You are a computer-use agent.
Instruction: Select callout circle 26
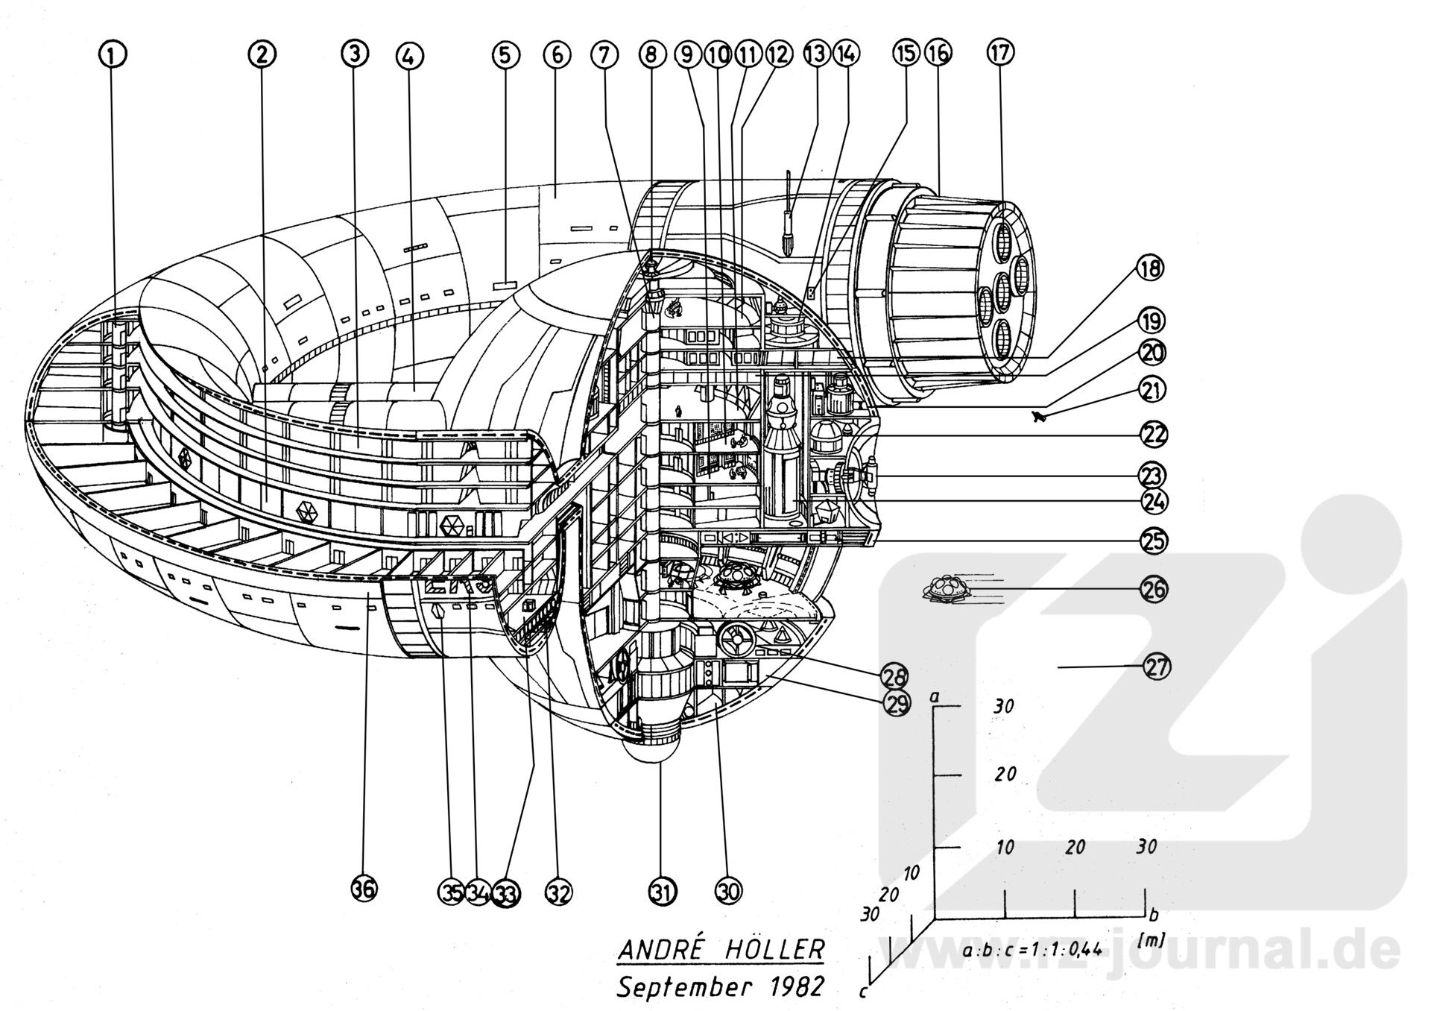coord(1154,590)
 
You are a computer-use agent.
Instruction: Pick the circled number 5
coord(505,54)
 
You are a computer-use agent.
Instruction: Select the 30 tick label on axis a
coord(1004,705)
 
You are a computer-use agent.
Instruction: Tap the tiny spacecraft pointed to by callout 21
coord(1039,416)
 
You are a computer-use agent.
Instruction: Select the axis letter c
coord(862,992)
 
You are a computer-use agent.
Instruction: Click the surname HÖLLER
coord(775,949)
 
